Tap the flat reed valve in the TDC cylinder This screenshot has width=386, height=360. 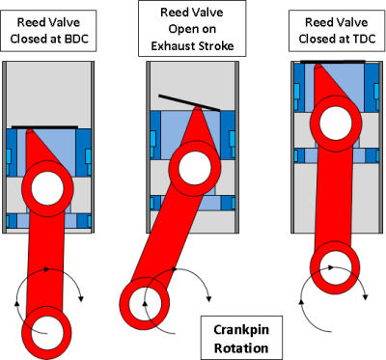point(332,64)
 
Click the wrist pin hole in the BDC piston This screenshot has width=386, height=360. point(46,186)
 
